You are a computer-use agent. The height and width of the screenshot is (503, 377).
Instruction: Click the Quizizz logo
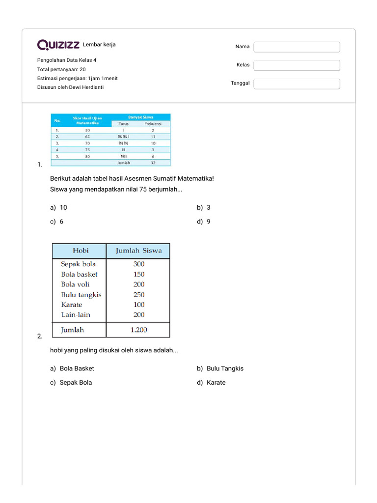[x=58, y=45]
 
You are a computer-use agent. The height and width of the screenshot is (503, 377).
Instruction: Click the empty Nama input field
[x=296, y=47]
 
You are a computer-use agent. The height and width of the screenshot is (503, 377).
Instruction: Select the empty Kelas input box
[x=296, y=65]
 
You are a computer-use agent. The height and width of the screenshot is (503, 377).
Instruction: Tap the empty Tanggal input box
[x=296, y=84]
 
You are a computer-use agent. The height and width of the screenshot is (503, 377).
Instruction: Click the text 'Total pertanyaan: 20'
[x=61, y=69]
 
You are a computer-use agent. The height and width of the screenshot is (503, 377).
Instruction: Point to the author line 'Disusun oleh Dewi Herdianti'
[x=70, y=87]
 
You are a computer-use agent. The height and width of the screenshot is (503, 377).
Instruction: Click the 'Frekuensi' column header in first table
[x=153, y=124]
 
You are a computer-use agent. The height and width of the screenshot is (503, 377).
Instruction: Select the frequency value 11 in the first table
[x=153, y=137]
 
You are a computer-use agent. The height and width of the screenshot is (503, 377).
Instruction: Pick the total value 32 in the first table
[x=153, y=163]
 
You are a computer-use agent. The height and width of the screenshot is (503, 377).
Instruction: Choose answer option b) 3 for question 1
[x=204, y=208]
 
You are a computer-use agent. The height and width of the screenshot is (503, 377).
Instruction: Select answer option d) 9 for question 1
[x=204, y=222]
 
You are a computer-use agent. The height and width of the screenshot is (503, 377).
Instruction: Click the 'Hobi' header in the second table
[x=81, y=251]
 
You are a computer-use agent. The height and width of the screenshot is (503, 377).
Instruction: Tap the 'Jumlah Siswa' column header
[x=138, y=251]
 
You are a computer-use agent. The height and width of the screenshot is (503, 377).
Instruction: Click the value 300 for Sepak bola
[x=139, y=264]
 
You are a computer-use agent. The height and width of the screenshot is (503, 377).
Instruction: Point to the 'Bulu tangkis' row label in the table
[x=81, y=295]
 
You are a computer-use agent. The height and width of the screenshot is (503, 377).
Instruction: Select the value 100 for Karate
[x=139, y=305]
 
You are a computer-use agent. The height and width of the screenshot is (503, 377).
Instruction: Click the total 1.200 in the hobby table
[x=139, y=330]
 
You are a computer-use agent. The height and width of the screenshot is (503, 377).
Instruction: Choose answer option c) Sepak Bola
[x=71, y=383]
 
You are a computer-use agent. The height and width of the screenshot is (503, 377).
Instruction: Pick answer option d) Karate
[x=212, y=383]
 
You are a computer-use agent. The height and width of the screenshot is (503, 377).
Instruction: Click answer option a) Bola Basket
[x=72, y=368]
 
